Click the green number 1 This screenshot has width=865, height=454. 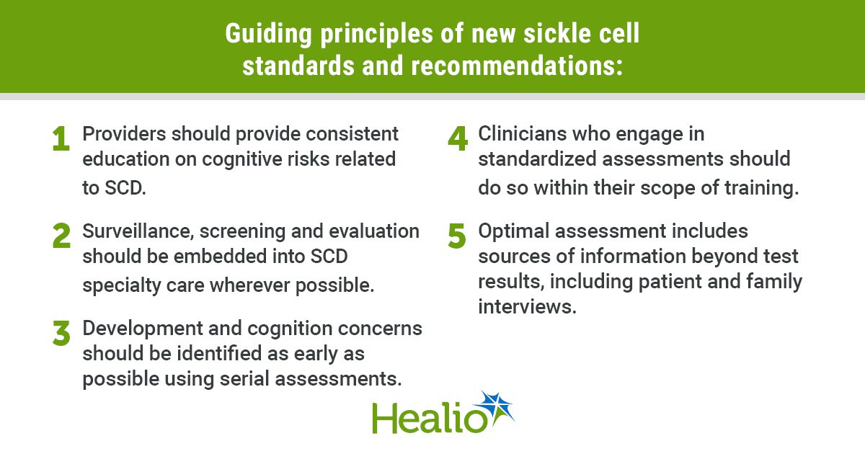point(61,138)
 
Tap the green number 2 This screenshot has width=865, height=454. point(61,236)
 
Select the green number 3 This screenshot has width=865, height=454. point(61,333)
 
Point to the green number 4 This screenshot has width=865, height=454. point(458,138)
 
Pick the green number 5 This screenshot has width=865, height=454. point(457,236)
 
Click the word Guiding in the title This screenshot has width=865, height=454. point(268,34)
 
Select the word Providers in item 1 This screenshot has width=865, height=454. point(124,134)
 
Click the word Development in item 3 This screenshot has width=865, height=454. point(142,329)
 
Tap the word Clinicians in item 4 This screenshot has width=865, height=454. point(522,134)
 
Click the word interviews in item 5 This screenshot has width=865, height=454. point(527,306)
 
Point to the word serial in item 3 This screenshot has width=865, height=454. point(244,378)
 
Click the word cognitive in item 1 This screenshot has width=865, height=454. point(241,160)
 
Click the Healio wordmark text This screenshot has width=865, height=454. point(430,419)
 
